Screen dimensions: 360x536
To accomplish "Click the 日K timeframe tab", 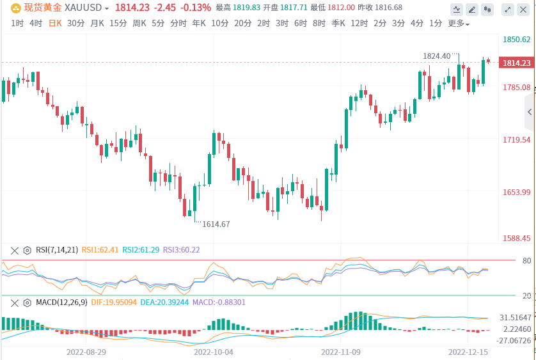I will click(x=55, y=23).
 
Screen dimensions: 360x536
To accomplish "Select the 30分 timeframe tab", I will click(x=75, y=23).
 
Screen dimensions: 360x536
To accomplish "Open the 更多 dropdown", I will click(x=458, y=24).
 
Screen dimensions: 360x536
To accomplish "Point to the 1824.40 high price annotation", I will click(x=436, y=56).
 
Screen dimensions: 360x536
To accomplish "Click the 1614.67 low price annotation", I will click(x=216, y=224).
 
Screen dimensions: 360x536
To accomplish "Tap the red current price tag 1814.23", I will click(x=517, y=63).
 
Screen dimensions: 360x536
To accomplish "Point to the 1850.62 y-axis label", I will click(x=517, y=40).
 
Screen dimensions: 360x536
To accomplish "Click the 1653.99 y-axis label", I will click(x=517, y=192).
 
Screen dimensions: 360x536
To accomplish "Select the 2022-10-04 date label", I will click(x=215, y=352).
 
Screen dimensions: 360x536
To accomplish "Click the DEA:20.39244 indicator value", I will click(x=157, y=302).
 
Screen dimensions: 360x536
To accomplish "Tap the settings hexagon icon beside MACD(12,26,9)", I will click(x=27, y=302).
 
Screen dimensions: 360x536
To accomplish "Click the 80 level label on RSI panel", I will click(x=510, y=261).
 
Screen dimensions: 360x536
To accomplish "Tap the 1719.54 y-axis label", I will click(x=517, y=140).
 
